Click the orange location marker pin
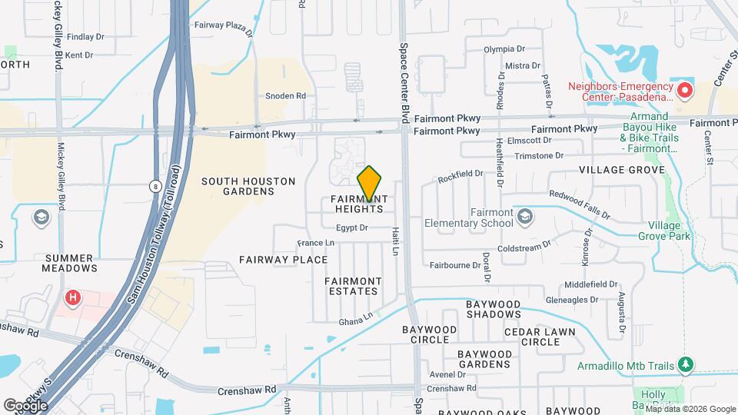(370, 183)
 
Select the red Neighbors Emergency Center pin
(683, 91)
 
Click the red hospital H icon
(73, 297)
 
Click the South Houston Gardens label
(248, 186)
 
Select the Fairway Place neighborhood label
(284, 260)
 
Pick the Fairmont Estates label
(351, 286)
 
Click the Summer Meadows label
(71, 263)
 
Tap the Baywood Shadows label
(494, 310)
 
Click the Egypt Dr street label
(352, 227)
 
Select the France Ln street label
(316, 243)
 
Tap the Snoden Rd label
(285, 96)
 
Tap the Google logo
(25, 405)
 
